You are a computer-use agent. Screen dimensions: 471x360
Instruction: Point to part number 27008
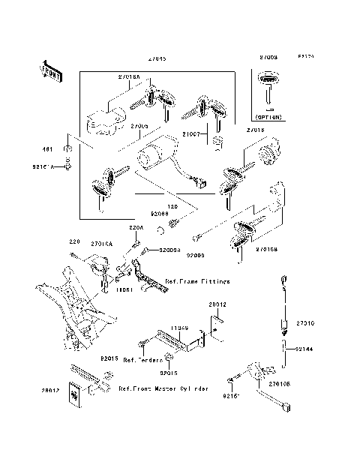268,58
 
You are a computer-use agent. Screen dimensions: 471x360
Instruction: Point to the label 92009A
171,251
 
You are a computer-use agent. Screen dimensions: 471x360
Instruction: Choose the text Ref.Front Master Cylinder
163,390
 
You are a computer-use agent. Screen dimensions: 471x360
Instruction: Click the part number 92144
304,349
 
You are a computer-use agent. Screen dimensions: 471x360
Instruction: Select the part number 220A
136,227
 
